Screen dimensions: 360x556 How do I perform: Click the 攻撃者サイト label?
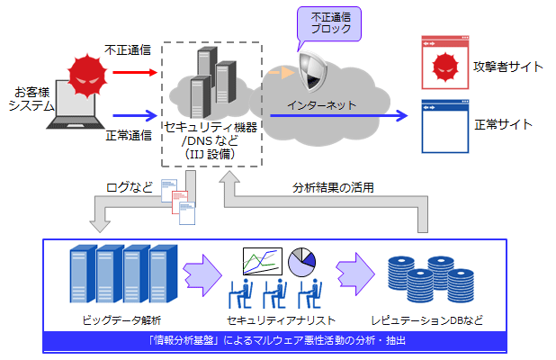[x=508, y=66]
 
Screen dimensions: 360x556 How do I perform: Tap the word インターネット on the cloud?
[x=320, y=105]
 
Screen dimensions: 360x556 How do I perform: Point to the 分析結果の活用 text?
[x=333, y=188]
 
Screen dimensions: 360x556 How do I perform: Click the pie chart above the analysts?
[x=301, y=262]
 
